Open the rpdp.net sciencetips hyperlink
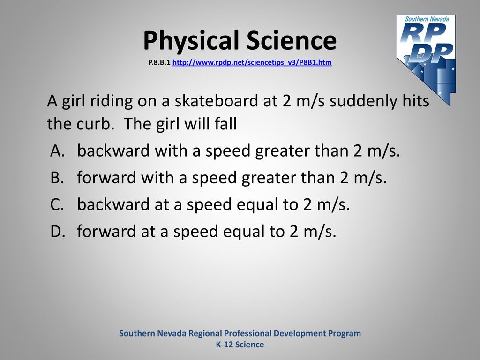coord(252,62)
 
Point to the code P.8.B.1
coord(159,62)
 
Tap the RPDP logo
coord(427,59)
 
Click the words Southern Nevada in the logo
coord(427,19)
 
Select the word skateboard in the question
coord(217,100)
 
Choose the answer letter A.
coord(58,150)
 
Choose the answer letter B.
coord(57,178)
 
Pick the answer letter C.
coord(57,204)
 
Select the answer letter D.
coord(58,231)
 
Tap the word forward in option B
coord(106,178)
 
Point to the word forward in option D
coord(106,231)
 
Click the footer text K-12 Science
coord(240,345)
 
